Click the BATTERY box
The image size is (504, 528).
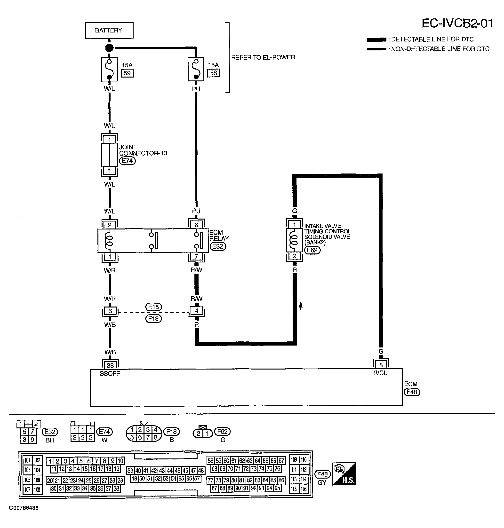click(109, 30)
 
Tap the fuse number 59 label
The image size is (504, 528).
click(127, 73)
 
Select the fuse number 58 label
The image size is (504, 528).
click(214, 73)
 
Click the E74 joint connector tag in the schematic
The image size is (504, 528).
click(127, 161)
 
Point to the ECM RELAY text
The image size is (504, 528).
click(219, 236)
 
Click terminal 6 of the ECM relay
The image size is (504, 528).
click(196, 225)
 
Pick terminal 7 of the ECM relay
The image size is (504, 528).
click(196, 256)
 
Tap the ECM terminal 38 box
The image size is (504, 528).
click(110, 365)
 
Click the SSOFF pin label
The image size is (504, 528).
click(110, 374)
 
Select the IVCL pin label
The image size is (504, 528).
click(380, 373)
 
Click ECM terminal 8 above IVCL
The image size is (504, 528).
click(381, 365)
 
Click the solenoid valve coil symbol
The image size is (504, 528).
click(295, 240)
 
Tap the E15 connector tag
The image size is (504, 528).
click(153, 307)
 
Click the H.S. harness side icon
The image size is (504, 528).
click(344, 474)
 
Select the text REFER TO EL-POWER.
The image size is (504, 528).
click(264, 57)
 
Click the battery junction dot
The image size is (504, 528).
click(109, 48)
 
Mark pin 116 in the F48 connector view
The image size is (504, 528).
click(304, 489)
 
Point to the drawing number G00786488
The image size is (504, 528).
click(24, 508)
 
